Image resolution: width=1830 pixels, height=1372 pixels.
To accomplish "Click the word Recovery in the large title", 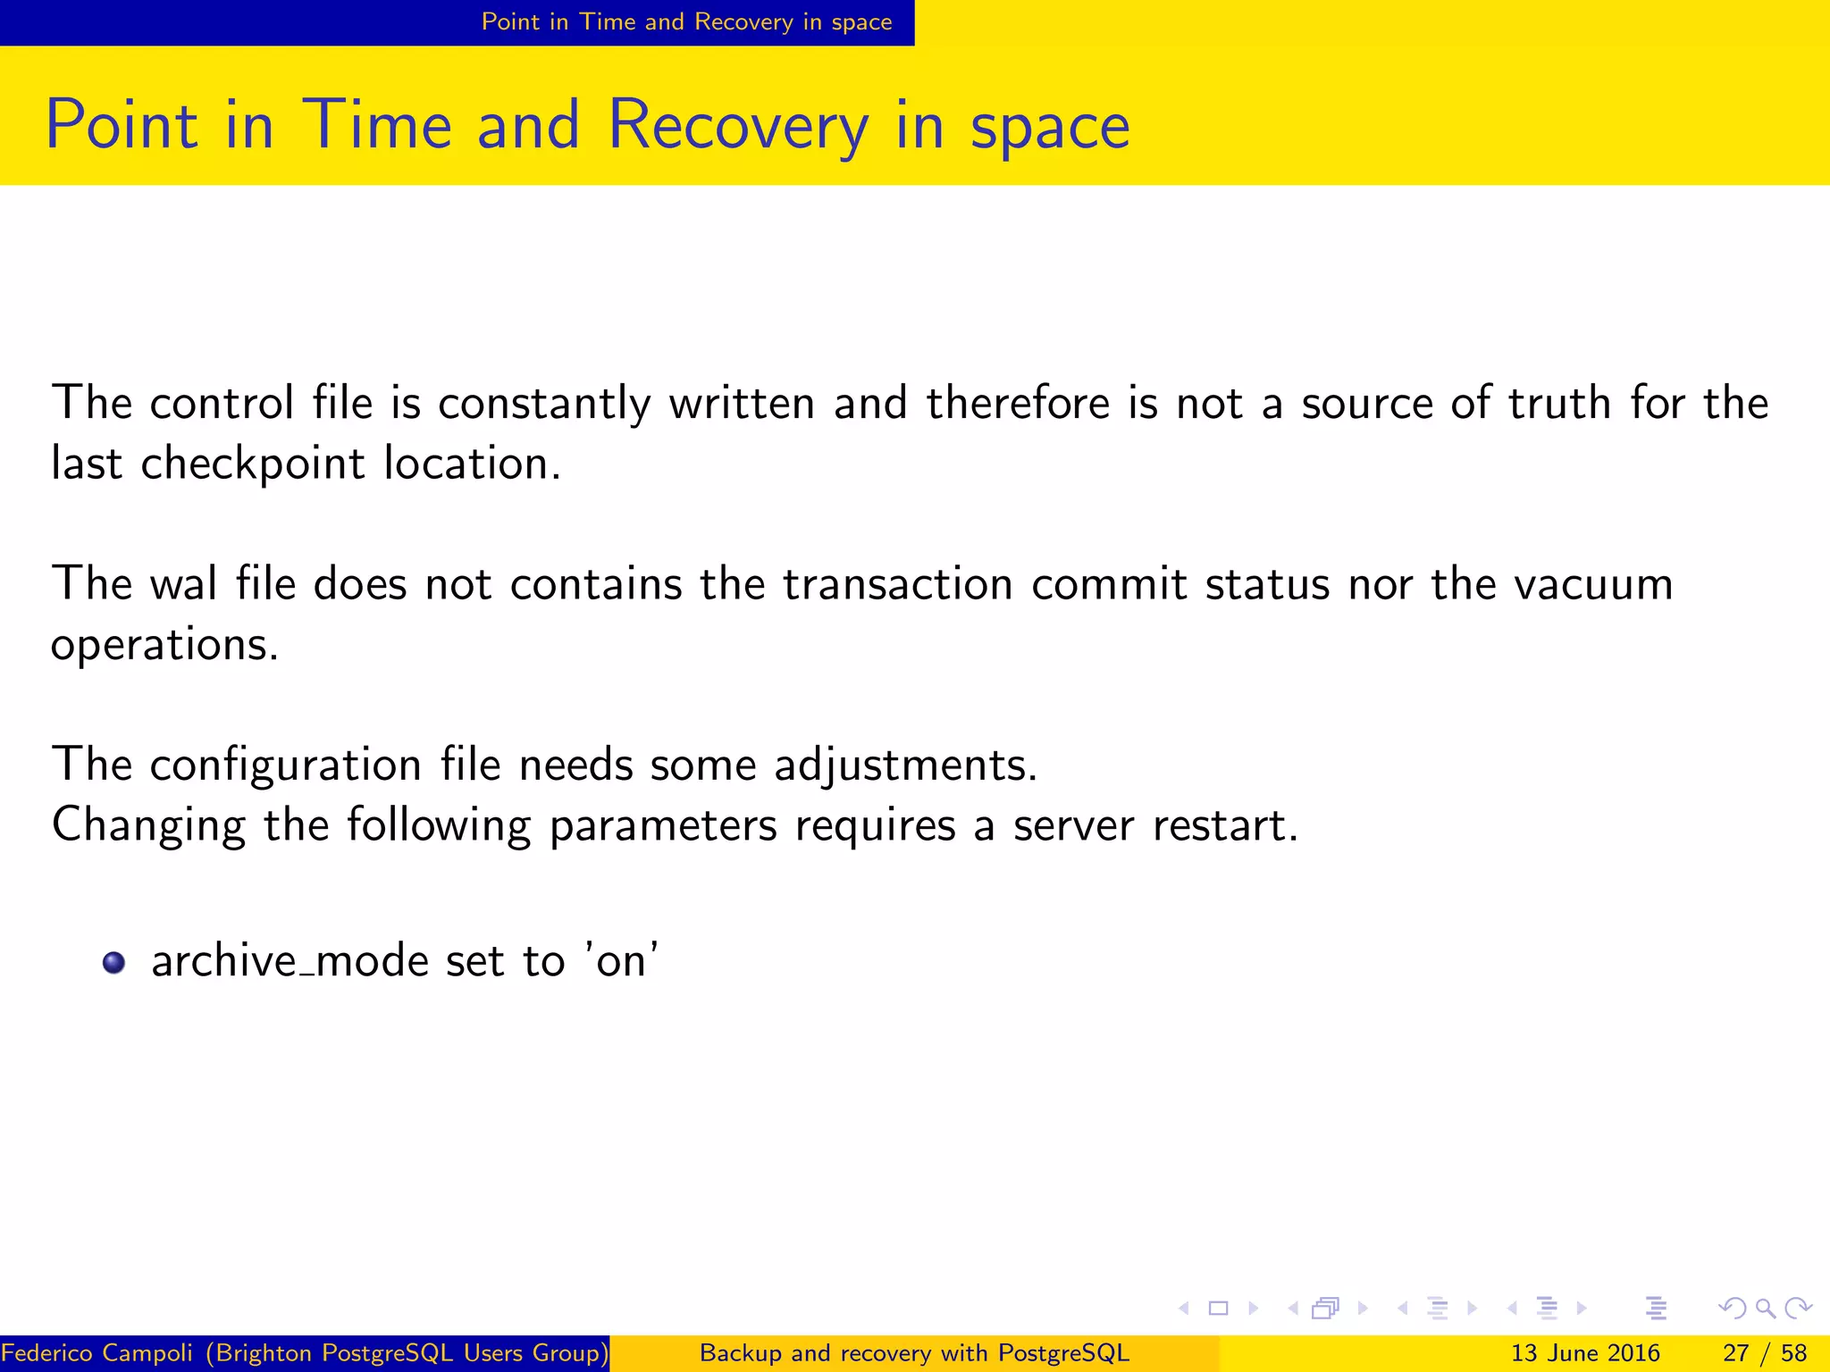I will point(737,125).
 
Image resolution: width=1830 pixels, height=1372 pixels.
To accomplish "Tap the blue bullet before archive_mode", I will point(113,963).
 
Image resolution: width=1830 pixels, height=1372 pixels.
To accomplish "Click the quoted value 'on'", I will point(622,961).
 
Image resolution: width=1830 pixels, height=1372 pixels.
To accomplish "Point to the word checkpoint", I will point(253,464).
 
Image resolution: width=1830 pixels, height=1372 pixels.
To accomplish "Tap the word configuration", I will point(285,765).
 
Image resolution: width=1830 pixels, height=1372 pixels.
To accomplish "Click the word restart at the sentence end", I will point(1224,825).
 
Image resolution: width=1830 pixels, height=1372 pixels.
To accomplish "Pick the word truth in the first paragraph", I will point(1559,403).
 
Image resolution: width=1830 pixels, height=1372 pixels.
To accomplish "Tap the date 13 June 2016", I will point(1585,1353).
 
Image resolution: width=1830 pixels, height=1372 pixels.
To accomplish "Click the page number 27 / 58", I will point(1765,1353).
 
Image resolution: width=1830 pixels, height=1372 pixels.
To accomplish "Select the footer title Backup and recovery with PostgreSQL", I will point(914,1353).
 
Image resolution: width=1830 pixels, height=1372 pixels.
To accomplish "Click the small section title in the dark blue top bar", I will point(686,22).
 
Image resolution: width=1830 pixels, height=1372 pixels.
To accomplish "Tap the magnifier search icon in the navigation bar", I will point(1765,1309).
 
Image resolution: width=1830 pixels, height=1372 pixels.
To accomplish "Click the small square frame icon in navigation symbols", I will point(1218,1309).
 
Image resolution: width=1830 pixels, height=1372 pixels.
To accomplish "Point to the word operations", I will point(164,645).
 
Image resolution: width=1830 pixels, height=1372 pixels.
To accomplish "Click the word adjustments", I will point(904,765).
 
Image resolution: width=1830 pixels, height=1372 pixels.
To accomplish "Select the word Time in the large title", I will point(377,125).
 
